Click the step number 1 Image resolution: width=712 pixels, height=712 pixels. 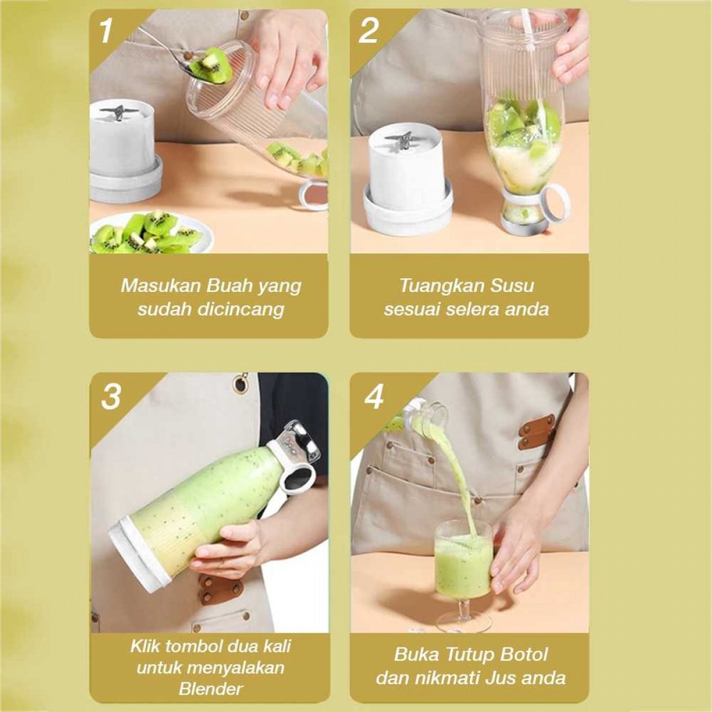click(106, 31)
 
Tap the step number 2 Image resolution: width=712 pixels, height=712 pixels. click(368, 31)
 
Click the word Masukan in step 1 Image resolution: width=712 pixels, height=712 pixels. click(161, 286)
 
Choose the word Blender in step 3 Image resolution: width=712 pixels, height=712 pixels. click(211, 689)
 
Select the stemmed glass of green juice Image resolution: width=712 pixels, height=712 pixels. click(463, 576)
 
